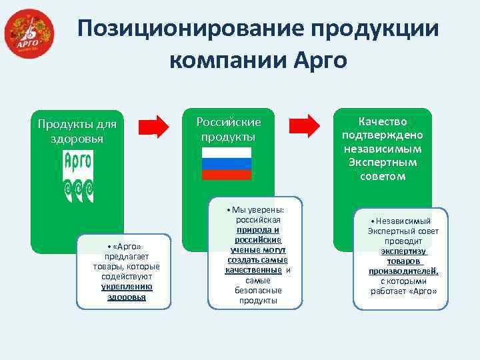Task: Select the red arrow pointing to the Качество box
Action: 306,125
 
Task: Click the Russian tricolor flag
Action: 227,163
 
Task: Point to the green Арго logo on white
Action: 78,175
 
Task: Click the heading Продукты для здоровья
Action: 77,131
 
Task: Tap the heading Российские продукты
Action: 228,129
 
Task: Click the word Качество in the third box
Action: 382,121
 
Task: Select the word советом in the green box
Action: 382,176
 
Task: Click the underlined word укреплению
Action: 127,287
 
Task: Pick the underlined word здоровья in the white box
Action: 127,297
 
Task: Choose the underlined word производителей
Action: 403,271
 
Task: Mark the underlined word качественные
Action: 254,270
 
